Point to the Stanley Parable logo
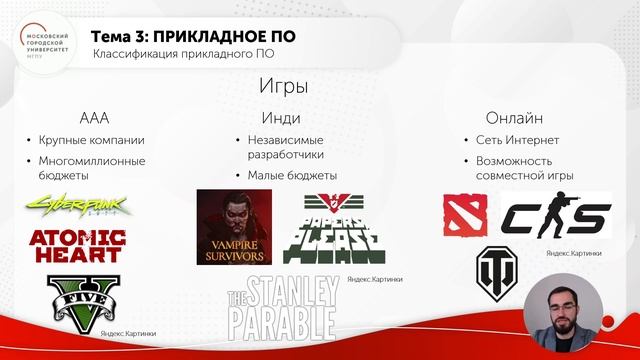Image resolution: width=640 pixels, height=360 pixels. pyautogui.click(x=282, y=307)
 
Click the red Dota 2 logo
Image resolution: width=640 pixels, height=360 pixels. pyautogui.click(x=465, y=214)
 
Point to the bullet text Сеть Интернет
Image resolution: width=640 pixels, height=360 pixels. pyautogui.click(x=518, y=140)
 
